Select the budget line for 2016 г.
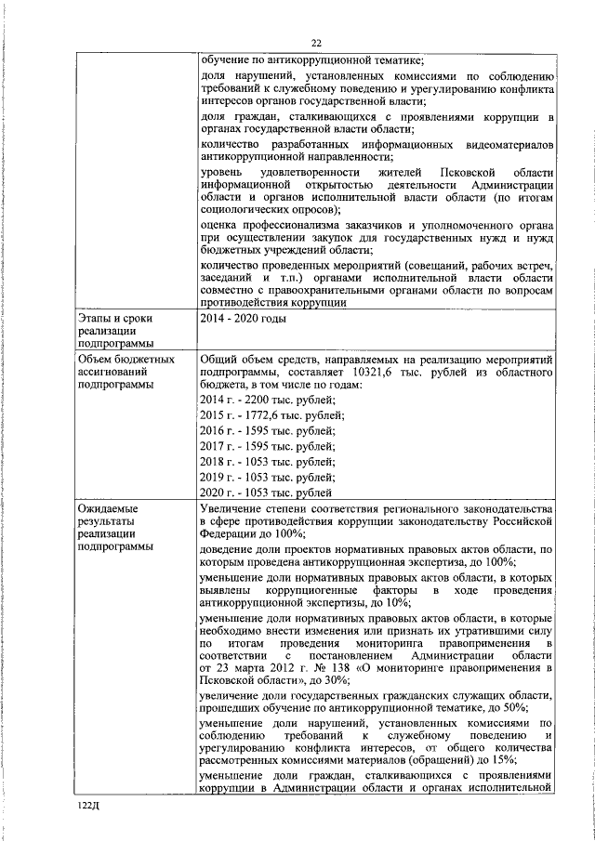point(268,430)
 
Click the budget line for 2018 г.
point(268,462)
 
